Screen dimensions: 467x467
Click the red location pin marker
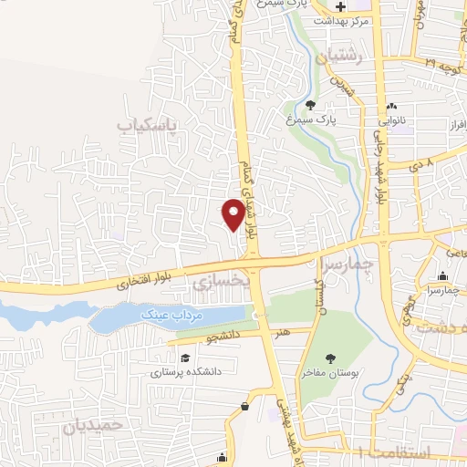click(233, 213)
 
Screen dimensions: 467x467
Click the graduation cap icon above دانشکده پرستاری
click(186, 358)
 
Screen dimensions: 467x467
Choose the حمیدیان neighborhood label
click(91, 424)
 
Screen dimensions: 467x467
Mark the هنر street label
click(285, 332)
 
